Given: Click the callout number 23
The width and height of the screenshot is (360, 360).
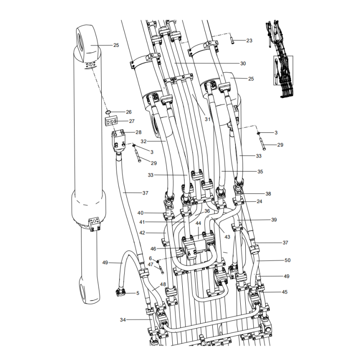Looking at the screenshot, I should (249, 40).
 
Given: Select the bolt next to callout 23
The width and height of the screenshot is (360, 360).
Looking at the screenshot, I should (231, 40).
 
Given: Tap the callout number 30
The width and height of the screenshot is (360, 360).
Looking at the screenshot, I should (243, 63).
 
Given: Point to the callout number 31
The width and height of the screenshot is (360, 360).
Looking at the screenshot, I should (207, 119).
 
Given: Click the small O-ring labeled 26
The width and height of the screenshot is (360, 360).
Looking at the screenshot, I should (108, 112).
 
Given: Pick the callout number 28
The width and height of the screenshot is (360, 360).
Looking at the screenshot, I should (138, 132).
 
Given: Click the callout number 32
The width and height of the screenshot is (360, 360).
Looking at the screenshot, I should (144, 141).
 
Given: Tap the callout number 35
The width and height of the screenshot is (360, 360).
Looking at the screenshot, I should (260, 172).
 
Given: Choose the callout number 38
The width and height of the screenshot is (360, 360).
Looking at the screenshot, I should (268, 194).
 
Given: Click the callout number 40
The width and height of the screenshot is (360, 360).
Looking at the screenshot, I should (140, 213).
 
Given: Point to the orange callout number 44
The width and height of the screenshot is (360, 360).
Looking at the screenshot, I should (198, 223).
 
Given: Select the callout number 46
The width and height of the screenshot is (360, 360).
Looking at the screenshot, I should (153, 249).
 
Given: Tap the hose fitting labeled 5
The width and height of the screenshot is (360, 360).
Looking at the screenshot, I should (120, 293).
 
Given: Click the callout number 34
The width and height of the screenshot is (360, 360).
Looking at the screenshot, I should (123, 320).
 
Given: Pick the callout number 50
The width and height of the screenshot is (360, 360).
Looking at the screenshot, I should (288, 261).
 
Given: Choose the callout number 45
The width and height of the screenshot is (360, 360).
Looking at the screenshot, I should (285, 292).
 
